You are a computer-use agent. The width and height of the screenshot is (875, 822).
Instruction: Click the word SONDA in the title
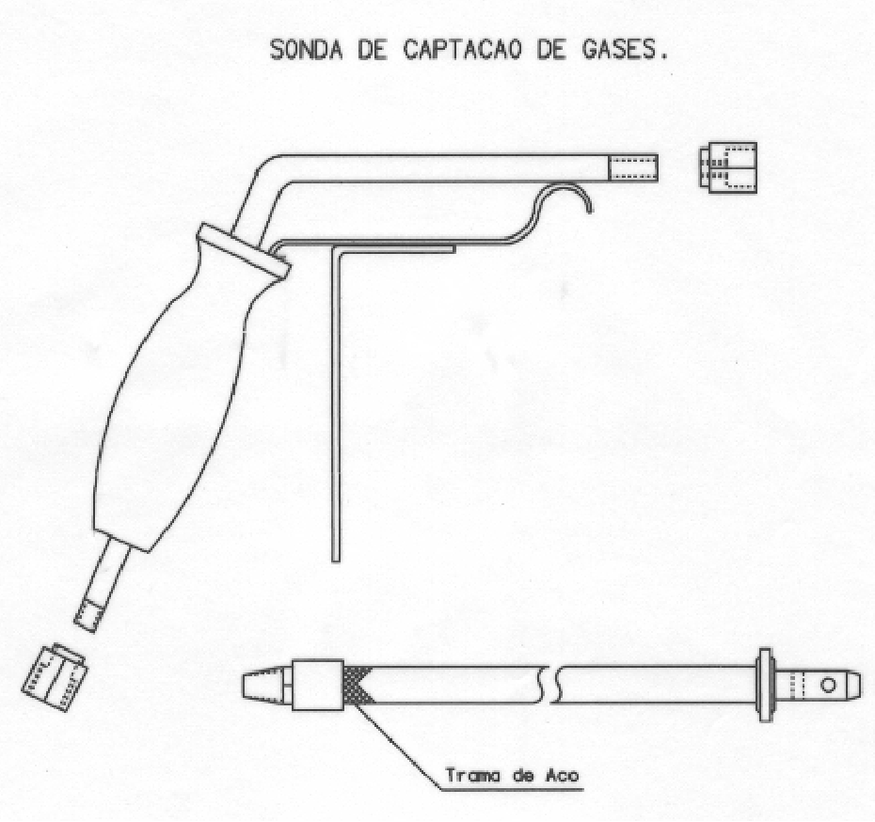click(306, 50)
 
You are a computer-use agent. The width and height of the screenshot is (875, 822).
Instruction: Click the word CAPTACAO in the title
click(463, 50)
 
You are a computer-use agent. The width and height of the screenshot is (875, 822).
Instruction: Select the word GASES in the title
click(618, 50)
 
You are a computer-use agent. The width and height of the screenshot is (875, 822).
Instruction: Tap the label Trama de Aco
click(512, 775)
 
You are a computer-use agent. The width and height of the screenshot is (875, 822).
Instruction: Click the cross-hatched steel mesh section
click(353, 685)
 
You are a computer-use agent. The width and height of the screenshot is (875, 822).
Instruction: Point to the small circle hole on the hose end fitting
click(828, 685)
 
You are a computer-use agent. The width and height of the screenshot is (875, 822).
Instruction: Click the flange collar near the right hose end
click(766, 685)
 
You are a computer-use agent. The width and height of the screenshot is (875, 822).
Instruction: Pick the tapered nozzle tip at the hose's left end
click(263, 685)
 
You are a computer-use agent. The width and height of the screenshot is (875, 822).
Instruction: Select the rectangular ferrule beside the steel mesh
click(317, 685)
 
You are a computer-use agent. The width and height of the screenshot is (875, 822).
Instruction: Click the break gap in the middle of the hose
click(549, 685)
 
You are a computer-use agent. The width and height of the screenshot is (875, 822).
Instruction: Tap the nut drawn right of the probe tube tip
click(728, 167)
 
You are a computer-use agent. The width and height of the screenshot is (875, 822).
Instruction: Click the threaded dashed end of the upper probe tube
click(633, 168)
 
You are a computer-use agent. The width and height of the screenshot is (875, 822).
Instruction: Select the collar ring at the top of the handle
click(244, 251)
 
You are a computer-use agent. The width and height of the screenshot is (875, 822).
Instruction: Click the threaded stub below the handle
click(102, 592)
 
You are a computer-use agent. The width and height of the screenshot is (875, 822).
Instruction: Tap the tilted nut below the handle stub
click(55, 678)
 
